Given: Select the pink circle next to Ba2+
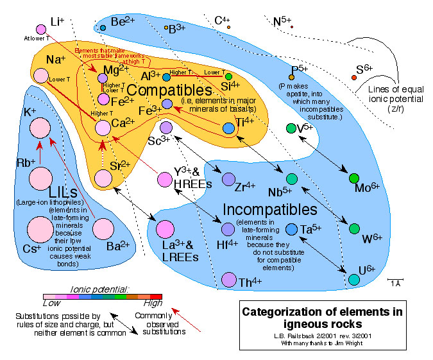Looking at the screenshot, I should (x=104, y=228).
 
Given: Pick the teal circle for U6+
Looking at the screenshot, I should (x=353, y=280).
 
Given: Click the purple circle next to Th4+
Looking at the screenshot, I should (x=228, y=279).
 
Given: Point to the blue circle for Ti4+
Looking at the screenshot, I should (x=228, y=128).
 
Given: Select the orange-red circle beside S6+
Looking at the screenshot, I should (x=353, y=78).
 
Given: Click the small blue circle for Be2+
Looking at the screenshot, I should (x=103, y=28).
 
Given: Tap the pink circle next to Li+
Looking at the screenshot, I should (x=41, y=29).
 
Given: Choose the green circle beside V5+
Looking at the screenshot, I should (x=291, y=128).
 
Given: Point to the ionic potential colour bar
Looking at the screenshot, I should (x=102, y=296).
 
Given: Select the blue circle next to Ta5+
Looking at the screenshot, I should (x=291, y=229).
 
